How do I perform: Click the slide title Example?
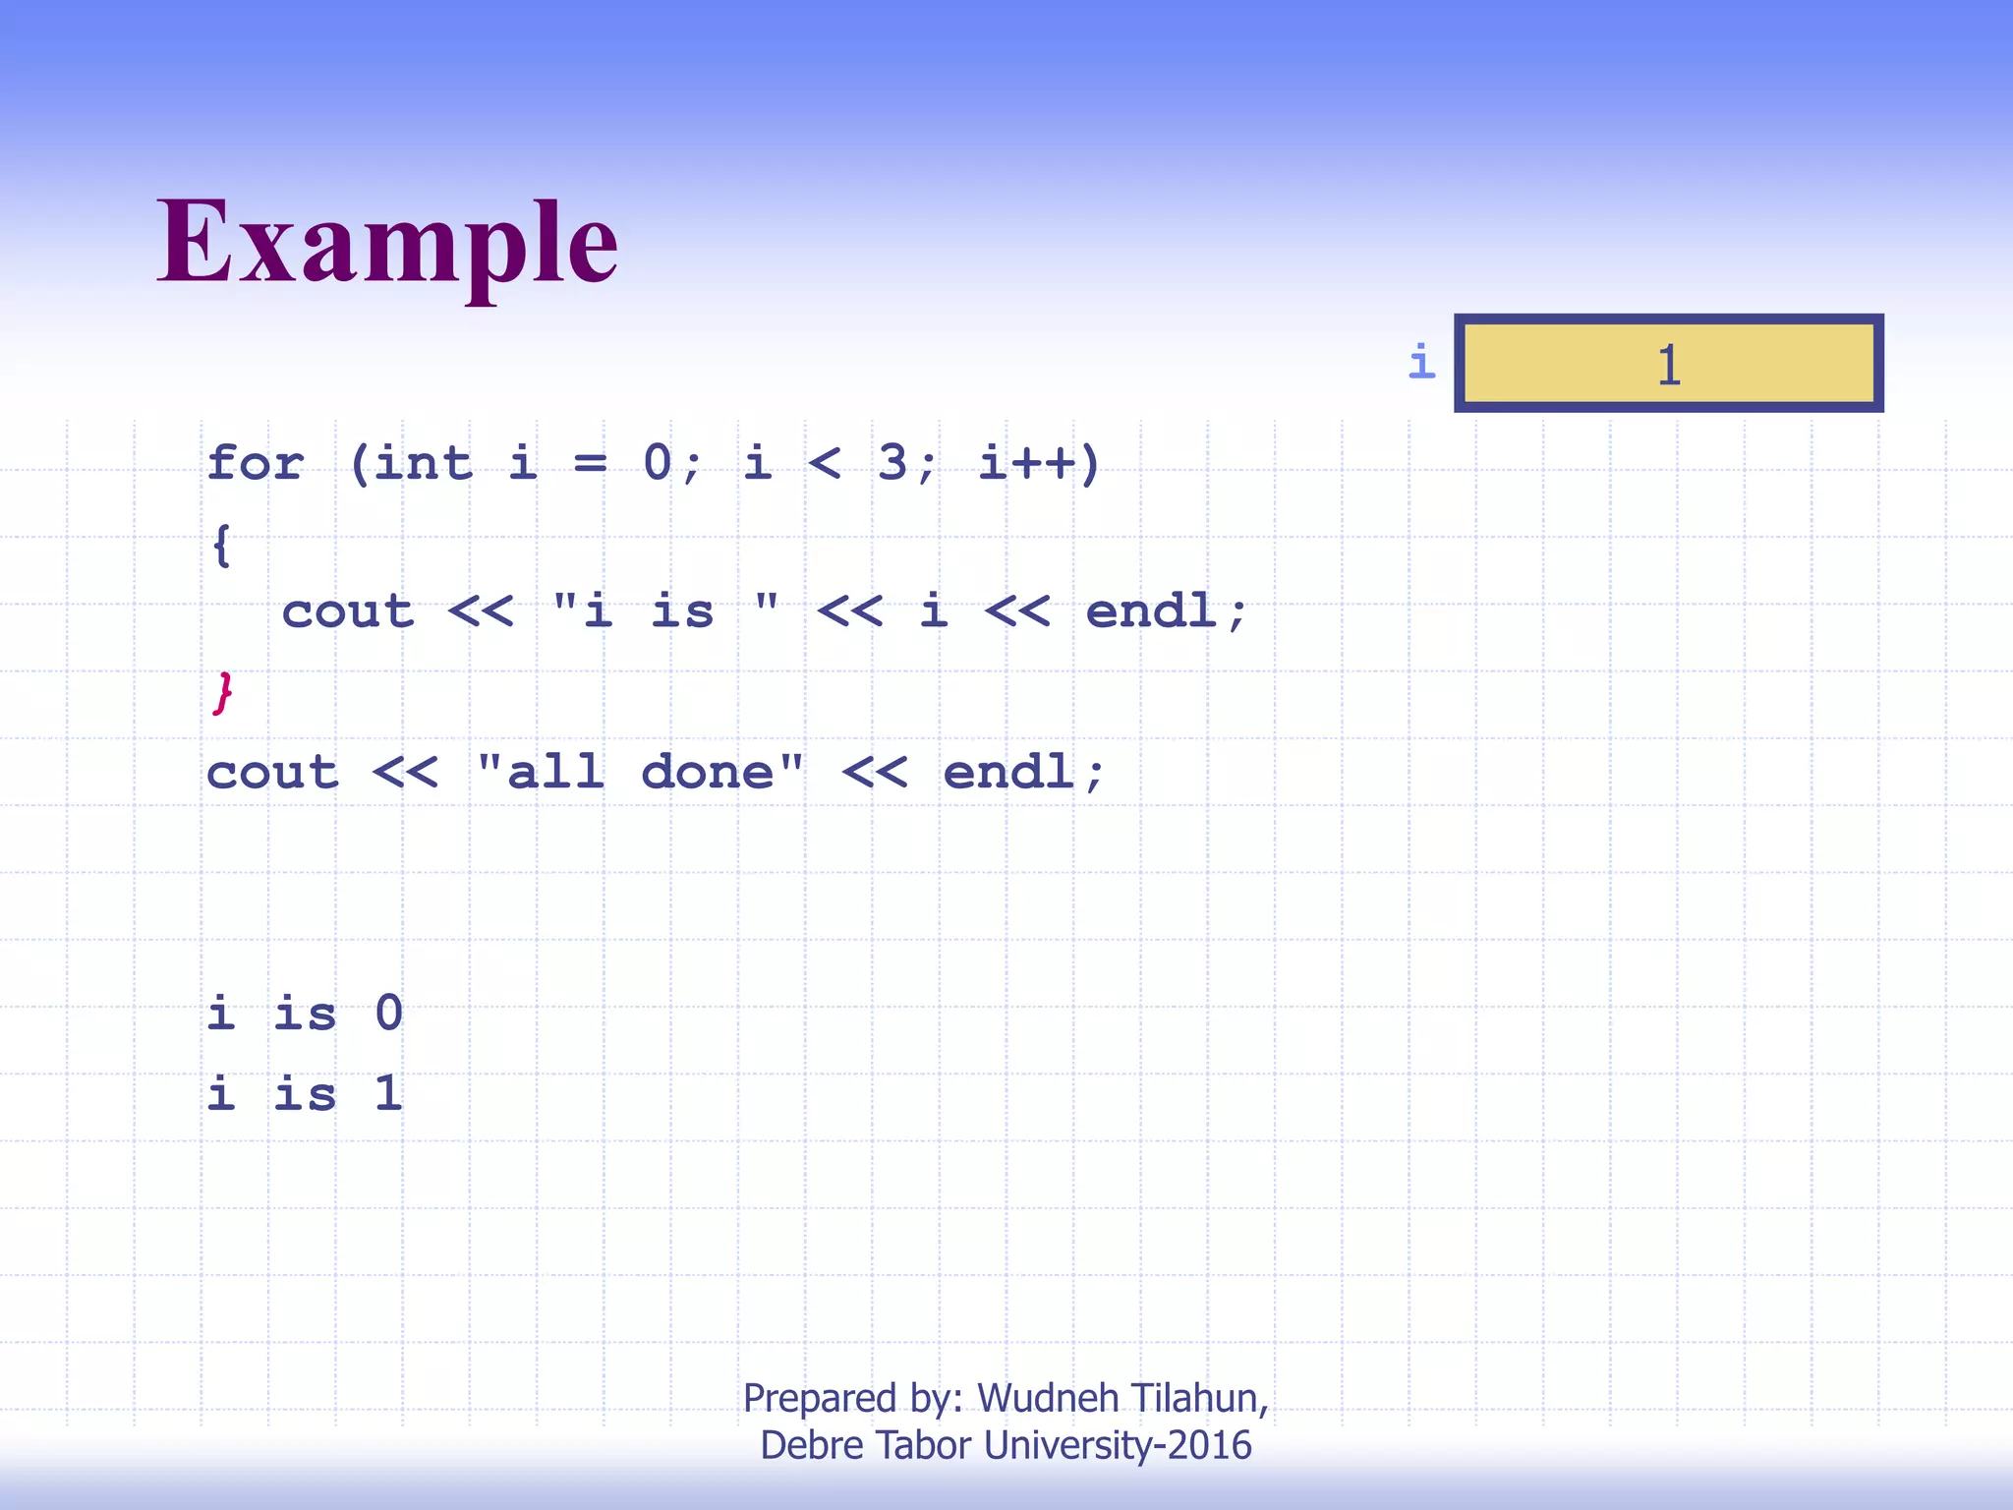coord(387,242)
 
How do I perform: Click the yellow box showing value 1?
coord(1668,364)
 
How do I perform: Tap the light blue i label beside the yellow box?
coord(1421,362)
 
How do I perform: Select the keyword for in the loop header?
coord(256,462)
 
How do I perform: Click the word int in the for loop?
coord(423,462)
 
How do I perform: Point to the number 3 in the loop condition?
coord(891,462)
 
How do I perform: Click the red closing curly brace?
coord(223,693)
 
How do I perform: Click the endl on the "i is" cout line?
coord(1152,611)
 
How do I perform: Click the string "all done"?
coord(640,772)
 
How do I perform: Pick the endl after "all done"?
coord(1008,772)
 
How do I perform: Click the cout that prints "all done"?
coord(272,772)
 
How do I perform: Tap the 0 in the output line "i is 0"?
coord(389,1013)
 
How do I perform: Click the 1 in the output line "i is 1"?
coord(389,1093)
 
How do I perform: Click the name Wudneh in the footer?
coord(1048,1397)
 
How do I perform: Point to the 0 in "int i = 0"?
coord(658,462)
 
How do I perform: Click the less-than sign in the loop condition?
coord(824,462)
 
